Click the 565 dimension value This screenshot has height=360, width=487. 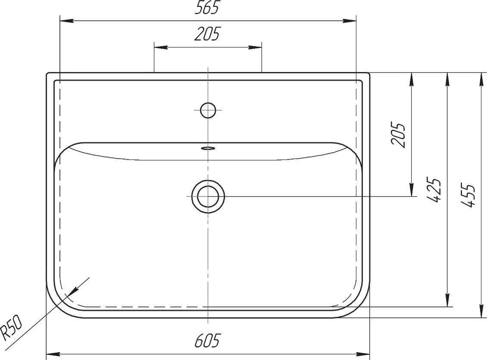[x=207, y=7]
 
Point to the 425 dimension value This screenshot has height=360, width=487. [x=433, y=190]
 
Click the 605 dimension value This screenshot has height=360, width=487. [x=207, y=341]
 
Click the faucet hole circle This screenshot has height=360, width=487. [x=208, y=110]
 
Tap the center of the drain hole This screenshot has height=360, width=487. [x=208, y=197]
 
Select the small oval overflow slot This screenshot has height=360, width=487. [x=208, y=148]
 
